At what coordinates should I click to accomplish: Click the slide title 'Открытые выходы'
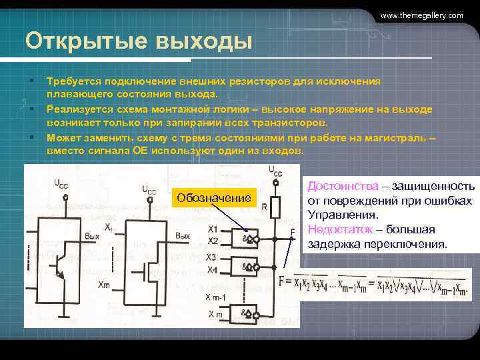[139, 41]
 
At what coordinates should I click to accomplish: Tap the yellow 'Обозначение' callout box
[214, 198]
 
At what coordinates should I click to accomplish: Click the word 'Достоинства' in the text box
[341, 187]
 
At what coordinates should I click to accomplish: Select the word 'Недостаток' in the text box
[339, 229]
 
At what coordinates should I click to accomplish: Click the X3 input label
[212, 257]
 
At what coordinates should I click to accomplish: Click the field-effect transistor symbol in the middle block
[147, 271]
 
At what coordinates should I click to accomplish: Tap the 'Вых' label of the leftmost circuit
[93, 237]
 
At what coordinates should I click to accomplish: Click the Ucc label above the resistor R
[275, 171]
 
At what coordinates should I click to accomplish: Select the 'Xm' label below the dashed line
[104, 285]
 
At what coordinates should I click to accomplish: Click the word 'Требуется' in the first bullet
[73, 81]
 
